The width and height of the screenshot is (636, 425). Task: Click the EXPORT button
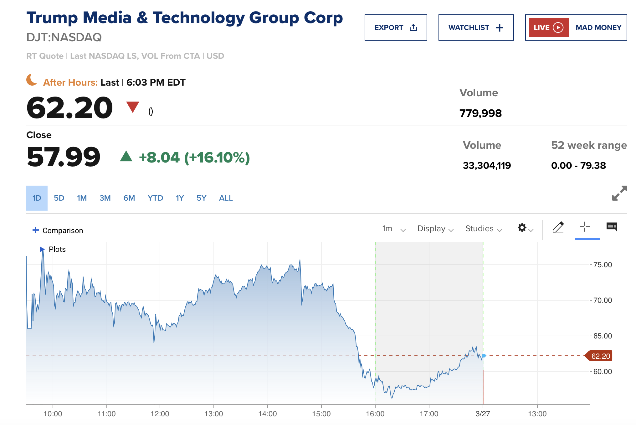(396, 27)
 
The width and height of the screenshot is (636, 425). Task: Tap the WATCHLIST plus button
(476, 27)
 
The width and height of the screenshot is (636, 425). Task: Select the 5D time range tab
(59, 198)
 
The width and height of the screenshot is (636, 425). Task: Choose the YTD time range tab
(155, 198)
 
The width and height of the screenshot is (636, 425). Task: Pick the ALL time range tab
(226, 198)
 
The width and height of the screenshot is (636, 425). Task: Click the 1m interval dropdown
(393, 229)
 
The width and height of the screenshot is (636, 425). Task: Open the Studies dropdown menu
(483, 229)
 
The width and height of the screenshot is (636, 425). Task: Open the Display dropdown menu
(435, 229)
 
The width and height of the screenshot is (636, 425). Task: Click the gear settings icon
(522, 227)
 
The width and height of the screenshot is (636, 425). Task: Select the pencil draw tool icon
(558, 227)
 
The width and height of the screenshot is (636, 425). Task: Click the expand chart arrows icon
(619, 193)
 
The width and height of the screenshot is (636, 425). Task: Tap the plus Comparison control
(58, 230)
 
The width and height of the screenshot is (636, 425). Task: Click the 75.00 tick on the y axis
(602, 265)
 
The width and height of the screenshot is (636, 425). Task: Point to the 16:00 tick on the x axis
(375, 414)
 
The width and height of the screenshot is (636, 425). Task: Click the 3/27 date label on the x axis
(483, 414)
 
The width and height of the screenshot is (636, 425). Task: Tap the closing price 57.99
(64, 157)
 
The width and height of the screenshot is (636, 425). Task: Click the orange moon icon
(32, 80)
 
